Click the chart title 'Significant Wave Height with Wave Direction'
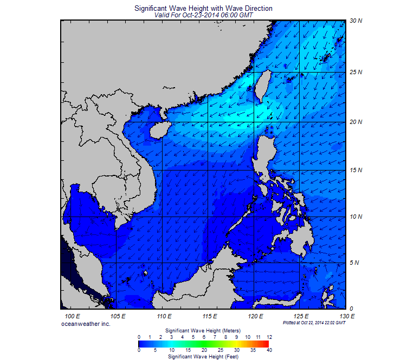tap(203, 9)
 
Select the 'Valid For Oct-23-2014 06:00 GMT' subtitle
tap(203, 16)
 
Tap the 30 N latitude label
tap(356, 21)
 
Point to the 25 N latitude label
tap(356, 71)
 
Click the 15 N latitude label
tap(356, 171)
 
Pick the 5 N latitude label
tap(356, 263)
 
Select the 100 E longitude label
tap(72, 316)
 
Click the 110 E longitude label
tap(164, 316)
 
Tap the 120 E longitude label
tap(256, 316)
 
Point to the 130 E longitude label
tap(347, 316)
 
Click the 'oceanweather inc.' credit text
tap(87, 323)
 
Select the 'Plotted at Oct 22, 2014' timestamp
tap(314, 323)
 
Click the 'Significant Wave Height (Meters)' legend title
tap(203, 330)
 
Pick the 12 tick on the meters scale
tap(269, 337)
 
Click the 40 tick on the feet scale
tap(269, 350)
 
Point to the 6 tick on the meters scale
tap(204, 337)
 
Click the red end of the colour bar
tap(266, 343)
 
